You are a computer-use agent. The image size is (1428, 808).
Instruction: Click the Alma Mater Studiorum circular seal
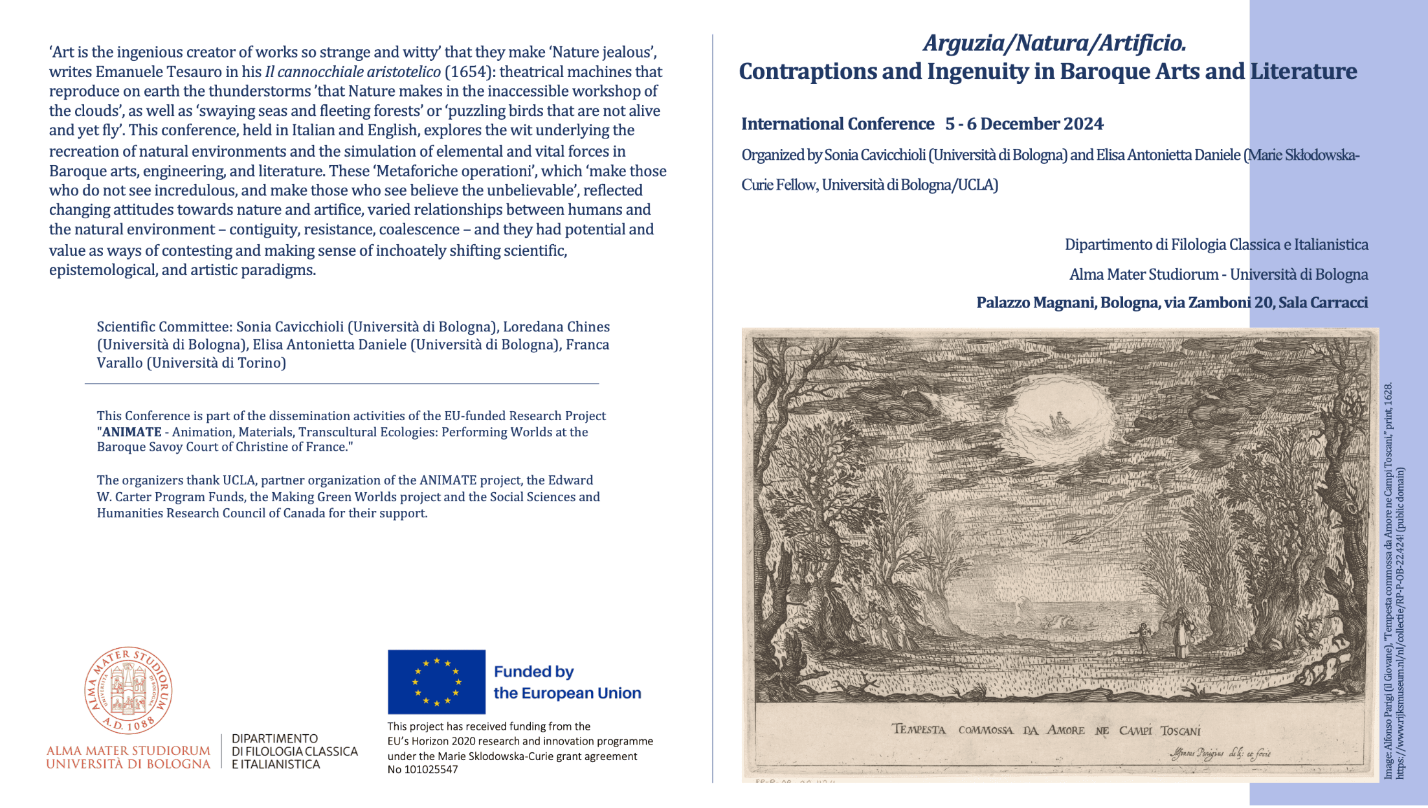click(128, 690)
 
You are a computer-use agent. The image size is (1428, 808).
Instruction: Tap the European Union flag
click(436, 682)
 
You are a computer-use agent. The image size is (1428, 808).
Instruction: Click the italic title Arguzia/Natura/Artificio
click(1054, 43)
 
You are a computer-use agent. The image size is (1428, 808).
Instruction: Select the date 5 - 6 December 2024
click(1024, 124)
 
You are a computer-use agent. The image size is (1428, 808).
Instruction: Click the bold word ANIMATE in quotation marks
click(132, 432)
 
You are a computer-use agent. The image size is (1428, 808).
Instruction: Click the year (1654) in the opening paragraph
click(467, 72)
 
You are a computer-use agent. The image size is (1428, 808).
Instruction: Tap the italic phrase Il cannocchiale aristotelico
click(353, 72)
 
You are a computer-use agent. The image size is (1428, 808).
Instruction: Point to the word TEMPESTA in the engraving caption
click(919, 730)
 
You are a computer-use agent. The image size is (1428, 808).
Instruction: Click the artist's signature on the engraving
click(1220, 753)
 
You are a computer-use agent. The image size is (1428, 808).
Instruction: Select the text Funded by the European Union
click(566, 682)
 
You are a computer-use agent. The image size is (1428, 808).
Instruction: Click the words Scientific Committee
click(164, 327)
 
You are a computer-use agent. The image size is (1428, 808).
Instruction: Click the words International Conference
click(838, 124)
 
